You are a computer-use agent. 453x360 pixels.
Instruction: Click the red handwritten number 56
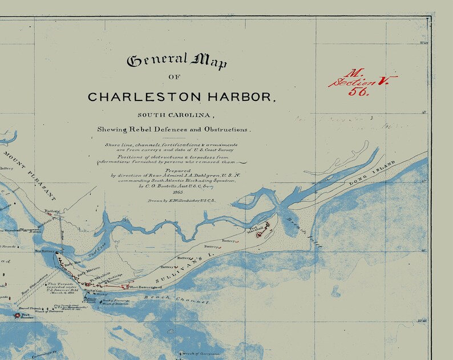359,91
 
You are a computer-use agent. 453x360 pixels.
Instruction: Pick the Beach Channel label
163,298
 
